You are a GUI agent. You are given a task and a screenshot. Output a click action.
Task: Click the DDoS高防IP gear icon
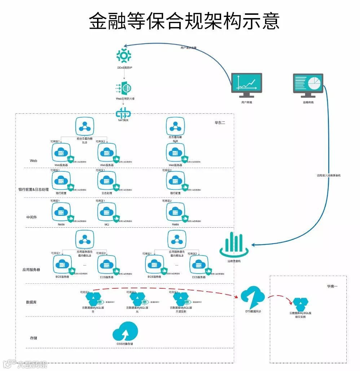124,55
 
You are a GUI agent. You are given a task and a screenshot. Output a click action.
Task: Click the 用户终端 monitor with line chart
247,85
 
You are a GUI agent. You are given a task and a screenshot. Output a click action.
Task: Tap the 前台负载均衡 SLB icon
85,126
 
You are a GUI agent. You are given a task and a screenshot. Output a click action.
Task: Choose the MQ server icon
107,212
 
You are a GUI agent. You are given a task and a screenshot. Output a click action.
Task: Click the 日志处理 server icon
107,180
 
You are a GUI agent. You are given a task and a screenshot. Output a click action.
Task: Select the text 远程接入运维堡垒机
329,175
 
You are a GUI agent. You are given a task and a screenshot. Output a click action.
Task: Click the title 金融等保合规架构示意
184,21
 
